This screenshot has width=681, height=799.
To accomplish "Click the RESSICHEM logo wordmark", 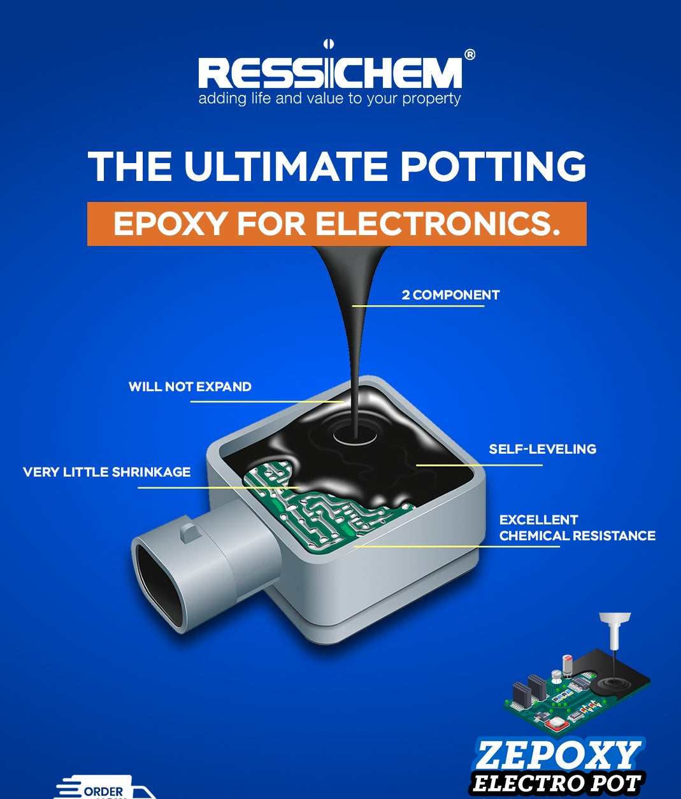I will pyautogui.click(x=329, y=72).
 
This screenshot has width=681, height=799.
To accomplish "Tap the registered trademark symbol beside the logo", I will pyautogui.click(x=470, y=55).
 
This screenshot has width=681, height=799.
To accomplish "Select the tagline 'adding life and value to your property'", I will pyautogui.click(x=329, y=99).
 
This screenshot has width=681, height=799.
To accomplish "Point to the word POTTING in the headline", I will pyautogui.click(x=493, y=166).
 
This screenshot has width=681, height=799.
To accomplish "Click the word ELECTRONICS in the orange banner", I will pyautogui.click(x=438, y=224).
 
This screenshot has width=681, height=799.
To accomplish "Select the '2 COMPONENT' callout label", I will pyautogui.click(x=450, y=295).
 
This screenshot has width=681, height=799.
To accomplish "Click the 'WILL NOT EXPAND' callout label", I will pyautogui.click(x=190, y=387).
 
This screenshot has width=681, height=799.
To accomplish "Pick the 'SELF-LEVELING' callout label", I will pyautogui.click(x=542, y=449).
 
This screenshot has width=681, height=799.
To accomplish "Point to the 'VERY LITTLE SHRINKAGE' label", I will pyautogui.click(x=106, y=472).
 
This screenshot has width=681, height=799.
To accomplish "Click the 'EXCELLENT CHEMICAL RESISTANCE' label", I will pyautogui.click(x=577, y=528).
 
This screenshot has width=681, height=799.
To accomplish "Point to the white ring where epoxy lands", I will pyautogui.click(x=355, y=436).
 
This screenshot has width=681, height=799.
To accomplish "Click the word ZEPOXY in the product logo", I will pyautogui.click(x=557, y=755).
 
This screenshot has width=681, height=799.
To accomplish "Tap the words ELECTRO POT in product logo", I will pyautogui.click(x=556, y=783).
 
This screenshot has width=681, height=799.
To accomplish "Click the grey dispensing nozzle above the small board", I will pyautogui.click(x=614, y=631).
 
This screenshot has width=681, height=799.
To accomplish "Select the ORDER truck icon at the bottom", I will pyautogui.click(x=102, y=789).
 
